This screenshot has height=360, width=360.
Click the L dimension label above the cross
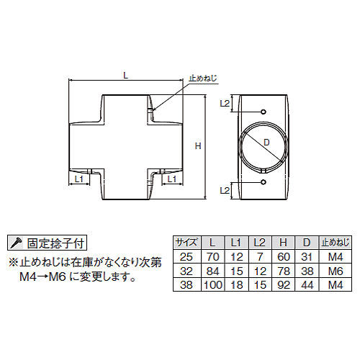[125, 76]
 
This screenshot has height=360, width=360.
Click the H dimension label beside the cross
[198, 146]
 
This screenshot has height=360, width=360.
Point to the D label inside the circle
[266, 143]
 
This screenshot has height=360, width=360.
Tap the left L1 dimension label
[78, 179]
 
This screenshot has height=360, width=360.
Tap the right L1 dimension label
[172, 179]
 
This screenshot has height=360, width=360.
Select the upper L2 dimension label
[225, 103]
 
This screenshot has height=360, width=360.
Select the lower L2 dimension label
[225, 191]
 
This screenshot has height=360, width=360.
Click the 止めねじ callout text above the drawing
[203, 78]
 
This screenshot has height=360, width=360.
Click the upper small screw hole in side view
[264, 112]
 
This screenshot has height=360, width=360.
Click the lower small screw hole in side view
[264, 182]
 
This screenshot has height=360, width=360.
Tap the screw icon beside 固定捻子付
[16, 243]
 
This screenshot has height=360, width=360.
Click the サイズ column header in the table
[187, 243]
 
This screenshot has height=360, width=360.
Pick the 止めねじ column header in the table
[336, 243]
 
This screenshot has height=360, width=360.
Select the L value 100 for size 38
[213, 285]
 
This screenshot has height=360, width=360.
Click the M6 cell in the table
[336, 271]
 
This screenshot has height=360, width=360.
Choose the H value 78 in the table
[284, 271]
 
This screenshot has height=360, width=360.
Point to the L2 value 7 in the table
[260, 257]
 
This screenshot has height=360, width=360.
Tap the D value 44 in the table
[307, 285]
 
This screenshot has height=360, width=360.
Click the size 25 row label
[186, 257]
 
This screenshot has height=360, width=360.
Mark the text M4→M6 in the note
[42, 277]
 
